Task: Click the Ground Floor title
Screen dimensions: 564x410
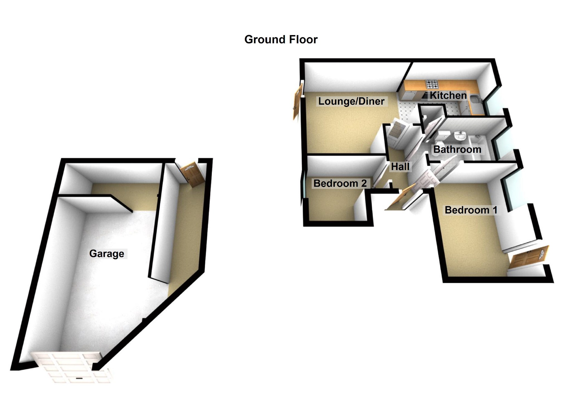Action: click(281, 40)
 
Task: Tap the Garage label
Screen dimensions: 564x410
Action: click(107, 254)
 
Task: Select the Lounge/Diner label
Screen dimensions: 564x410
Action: click(351, 101)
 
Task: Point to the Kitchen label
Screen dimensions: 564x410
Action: click(448, 95)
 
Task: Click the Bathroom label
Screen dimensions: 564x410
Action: click(457, 149)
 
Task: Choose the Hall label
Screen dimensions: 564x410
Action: click(400, 167)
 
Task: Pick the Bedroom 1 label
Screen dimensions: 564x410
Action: click(471, 210)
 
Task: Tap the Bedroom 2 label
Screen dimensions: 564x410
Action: click(340, 183)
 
